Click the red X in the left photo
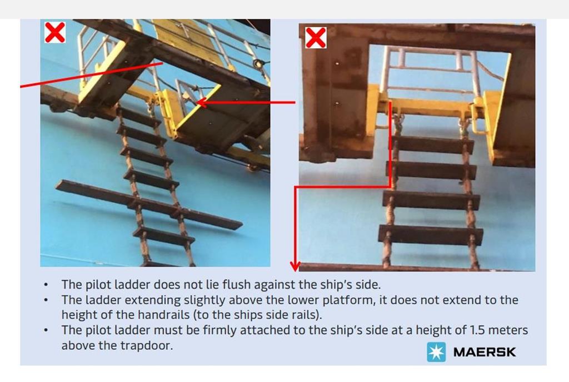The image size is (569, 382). point(55,32)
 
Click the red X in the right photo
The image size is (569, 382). point(316,38)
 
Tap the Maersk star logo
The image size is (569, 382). point(436,351)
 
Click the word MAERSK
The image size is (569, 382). point(485,352)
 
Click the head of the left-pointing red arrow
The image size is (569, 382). point(201,103)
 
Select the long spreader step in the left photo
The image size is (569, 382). point(149,205)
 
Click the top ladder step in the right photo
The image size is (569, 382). point(432,144)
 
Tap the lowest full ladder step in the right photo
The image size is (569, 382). point(431,234)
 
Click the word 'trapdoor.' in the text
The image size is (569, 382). point(147,346)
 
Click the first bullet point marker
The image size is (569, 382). point(46,285)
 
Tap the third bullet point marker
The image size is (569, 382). point(46,330)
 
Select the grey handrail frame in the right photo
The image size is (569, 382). point(432,71)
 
